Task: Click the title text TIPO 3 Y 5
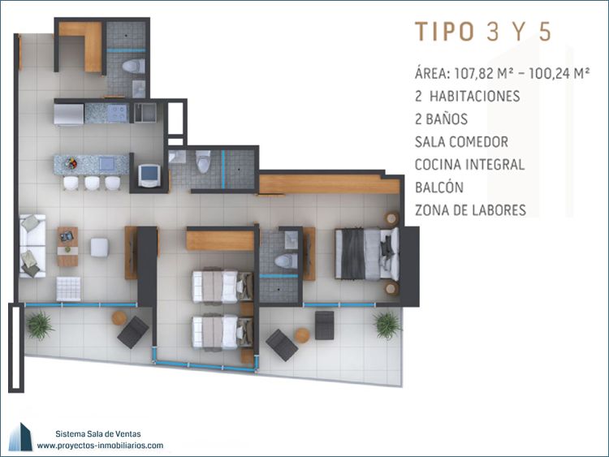tap(483, 32)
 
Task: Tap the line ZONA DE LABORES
tap(470, 210)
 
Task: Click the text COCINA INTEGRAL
tap(469, 165)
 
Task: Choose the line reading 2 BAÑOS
tap(441, 119)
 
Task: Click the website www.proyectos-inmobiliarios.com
tap(100, 446)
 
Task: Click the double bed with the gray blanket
tap(367, 253)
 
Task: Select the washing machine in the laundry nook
tap(149, 175)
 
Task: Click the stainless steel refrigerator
tap(69, 114)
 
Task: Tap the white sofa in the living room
tap(32, 246)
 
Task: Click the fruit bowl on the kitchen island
tap(71, 163)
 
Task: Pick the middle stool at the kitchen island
tap(92, 183)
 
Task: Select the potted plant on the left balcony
tap(39, 325)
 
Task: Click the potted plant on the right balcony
tap(387, 325)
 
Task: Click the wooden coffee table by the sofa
tap(67, 247)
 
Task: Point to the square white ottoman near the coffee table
tap(99, 248)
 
